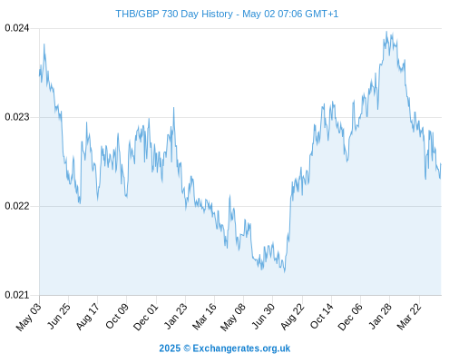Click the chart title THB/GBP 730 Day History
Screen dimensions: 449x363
coord(174,14)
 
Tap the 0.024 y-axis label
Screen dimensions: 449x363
coord(17,28)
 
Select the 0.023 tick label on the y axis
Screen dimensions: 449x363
coord(17,117)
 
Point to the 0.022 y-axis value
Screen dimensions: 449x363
coord(17,206)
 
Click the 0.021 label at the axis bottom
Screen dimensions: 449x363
coord(17,295)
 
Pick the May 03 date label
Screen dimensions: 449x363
coord(28,317)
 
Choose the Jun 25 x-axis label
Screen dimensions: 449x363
coord(59,316)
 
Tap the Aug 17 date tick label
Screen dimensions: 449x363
coord(87,317)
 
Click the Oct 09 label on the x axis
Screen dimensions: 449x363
coord(117,316)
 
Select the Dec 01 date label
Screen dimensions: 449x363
coord(145,317)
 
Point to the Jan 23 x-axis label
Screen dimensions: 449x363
coord(176,316)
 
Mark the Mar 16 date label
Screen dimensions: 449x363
coord(204,317)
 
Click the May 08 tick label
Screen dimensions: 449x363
coord(232,317)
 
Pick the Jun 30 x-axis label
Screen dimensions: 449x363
coord(263,316)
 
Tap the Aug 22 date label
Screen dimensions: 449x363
coord(292,317)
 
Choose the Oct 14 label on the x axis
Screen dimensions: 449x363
coord(322,316)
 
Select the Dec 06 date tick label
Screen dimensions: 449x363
coord(350,317)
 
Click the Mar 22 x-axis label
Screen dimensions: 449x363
coord(409,317)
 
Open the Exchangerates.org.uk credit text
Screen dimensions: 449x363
coord(241,348)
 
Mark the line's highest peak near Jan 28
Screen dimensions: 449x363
coord(386,32)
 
